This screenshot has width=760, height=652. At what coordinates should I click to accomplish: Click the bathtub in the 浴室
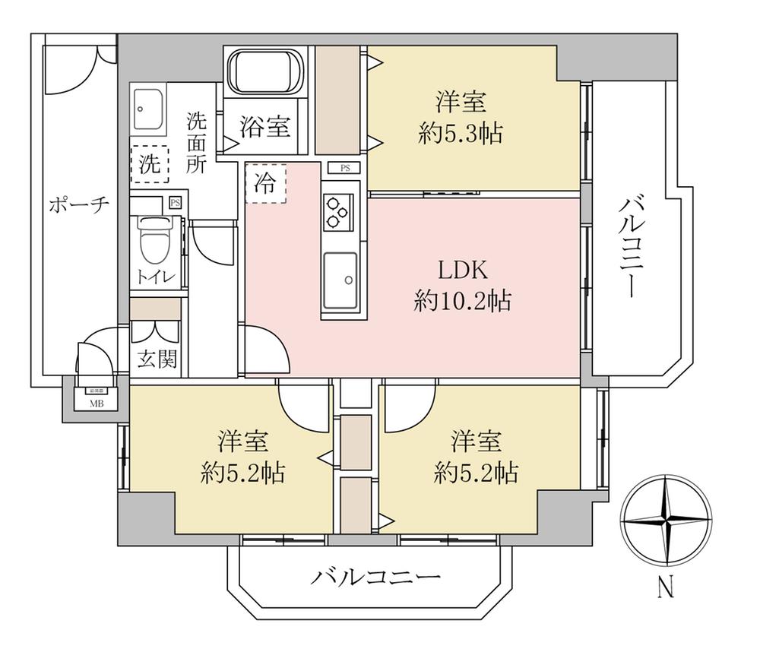tap(265, 72)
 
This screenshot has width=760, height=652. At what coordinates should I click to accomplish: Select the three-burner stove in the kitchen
tap(337, 211)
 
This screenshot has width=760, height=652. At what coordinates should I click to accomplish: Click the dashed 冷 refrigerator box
tap(265, 183)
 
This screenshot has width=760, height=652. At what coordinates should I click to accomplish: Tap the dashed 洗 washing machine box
tap(149, 164)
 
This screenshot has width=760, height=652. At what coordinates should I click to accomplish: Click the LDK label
tap(461, 270)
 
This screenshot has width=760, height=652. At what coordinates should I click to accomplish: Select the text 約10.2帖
tap(461, 302)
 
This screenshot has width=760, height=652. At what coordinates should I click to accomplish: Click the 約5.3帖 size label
tap(461, 134)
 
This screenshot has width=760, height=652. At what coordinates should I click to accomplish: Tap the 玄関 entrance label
tap(157, 358)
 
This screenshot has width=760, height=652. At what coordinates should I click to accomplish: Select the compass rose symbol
tap(666, 521)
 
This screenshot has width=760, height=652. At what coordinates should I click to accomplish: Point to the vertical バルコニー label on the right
tap(630, 248)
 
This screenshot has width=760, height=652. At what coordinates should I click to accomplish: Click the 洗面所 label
tap(197, 143)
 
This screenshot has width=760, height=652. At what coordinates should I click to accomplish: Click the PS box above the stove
tap(345, 168)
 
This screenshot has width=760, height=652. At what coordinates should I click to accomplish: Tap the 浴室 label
tap(265, 125)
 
